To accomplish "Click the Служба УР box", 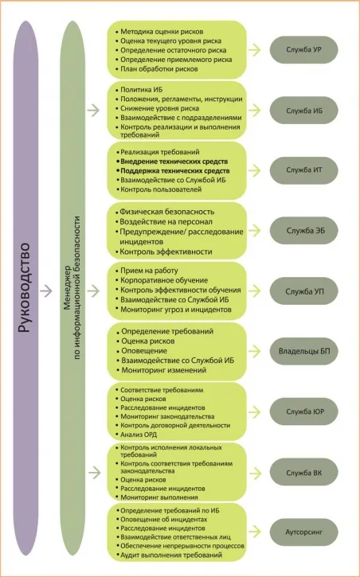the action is tap(303, 49).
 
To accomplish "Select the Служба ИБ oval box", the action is tap(303, 111).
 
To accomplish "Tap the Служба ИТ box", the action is tap(303, 170).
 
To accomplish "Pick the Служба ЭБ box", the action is tap(303, 231).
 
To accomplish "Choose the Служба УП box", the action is tap(303, 291).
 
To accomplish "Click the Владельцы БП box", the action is tap(303, 351).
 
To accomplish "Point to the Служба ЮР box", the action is tap(303, 411).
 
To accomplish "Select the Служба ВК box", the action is tap(303, 473).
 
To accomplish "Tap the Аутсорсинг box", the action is tap(303, 532).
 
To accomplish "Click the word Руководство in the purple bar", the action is tap(25, 288).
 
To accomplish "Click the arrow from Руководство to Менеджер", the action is tap(46, 291).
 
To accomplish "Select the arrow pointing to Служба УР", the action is tap(254, 49).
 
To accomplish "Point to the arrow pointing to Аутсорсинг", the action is tap(254, 532).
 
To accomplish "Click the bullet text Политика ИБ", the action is tap(141, 90).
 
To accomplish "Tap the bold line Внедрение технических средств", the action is tap(174, 162).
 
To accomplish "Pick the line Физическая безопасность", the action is tap(166, 212).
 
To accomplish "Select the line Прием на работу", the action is tap(149, 271).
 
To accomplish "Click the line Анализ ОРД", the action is tap(139, 435).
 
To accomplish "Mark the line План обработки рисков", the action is tap(159, 68).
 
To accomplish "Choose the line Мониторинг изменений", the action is tap(164, 370).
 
